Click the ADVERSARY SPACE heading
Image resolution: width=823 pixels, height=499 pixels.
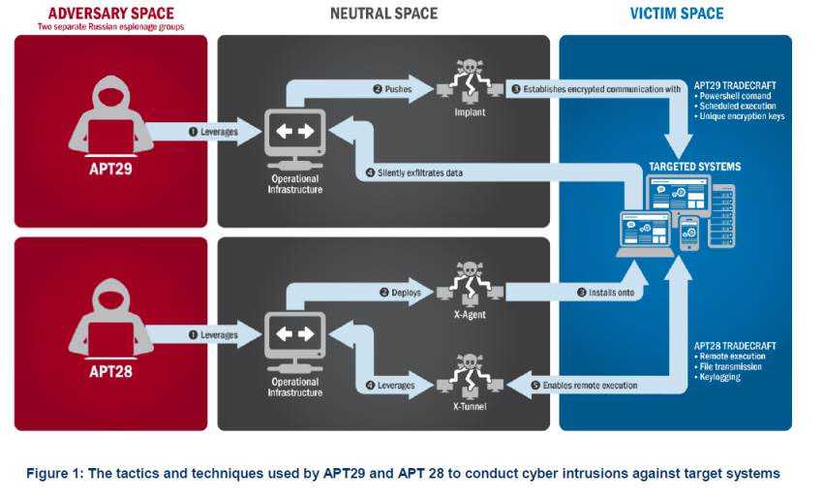tap(110, 13)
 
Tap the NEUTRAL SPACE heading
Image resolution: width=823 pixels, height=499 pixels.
tap(383, 14)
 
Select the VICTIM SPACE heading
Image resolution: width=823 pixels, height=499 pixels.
tap(677, 14)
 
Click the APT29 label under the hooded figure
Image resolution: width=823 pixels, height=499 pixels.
tap(110, 169)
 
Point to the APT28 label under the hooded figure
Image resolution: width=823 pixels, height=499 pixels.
tap(110, 371)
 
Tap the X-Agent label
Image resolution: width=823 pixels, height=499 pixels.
tap(470, 315)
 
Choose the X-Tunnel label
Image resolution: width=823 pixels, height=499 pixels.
tap(470, 406)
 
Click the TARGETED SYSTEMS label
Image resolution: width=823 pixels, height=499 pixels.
tap(694, 167)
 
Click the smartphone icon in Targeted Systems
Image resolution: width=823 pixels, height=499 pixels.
tap(689, 233)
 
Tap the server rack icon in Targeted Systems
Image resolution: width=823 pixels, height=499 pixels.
tap(721, 216)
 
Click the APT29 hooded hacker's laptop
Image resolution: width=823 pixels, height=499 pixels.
tap(110, 137)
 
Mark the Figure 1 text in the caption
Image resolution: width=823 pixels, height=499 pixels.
tap(54, 473)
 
